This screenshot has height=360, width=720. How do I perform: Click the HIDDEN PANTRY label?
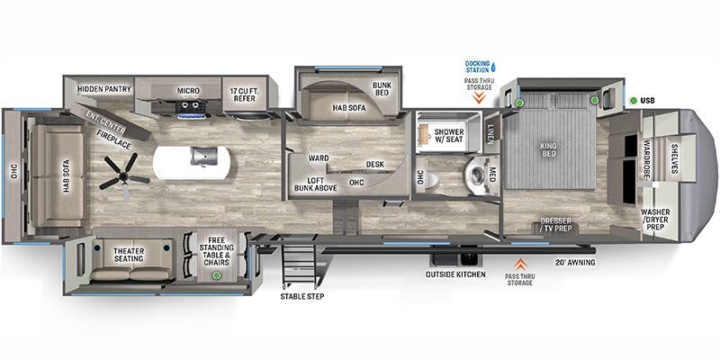[x=104, y=89]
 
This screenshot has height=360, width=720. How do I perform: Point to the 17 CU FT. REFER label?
[x=244, y=94]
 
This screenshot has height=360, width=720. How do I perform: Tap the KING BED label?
[x=549, y=149]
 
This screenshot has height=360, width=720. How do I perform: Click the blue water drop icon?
[x=493, y=67]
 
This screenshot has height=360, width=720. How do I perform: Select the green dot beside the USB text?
[x=633, y=101]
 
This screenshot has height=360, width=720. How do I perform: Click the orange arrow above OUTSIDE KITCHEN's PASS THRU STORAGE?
[x=520, y=264]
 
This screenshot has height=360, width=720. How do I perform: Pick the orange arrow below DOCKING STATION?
[x=479, y=97]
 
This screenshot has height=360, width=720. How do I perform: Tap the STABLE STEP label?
[x=302, y=297]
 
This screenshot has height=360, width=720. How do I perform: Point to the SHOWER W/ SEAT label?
[x=448, y=136]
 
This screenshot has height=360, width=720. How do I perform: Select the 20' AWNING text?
[x=575, y=263]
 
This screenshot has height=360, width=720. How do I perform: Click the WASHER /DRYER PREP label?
[x=655, y=220]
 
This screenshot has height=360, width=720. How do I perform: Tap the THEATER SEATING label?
[x=129, y=255]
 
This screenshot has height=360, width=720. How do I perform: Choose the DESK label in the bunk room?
[x=375, y=164]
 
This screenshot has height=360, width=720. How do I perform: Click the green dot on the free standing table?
[x=215, y=275]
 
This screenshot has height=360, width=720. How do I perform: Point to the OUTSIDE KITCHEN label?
[x=455, y=274]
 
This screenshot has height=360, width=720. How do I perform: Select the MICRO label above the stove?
[x=188, y=91]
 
